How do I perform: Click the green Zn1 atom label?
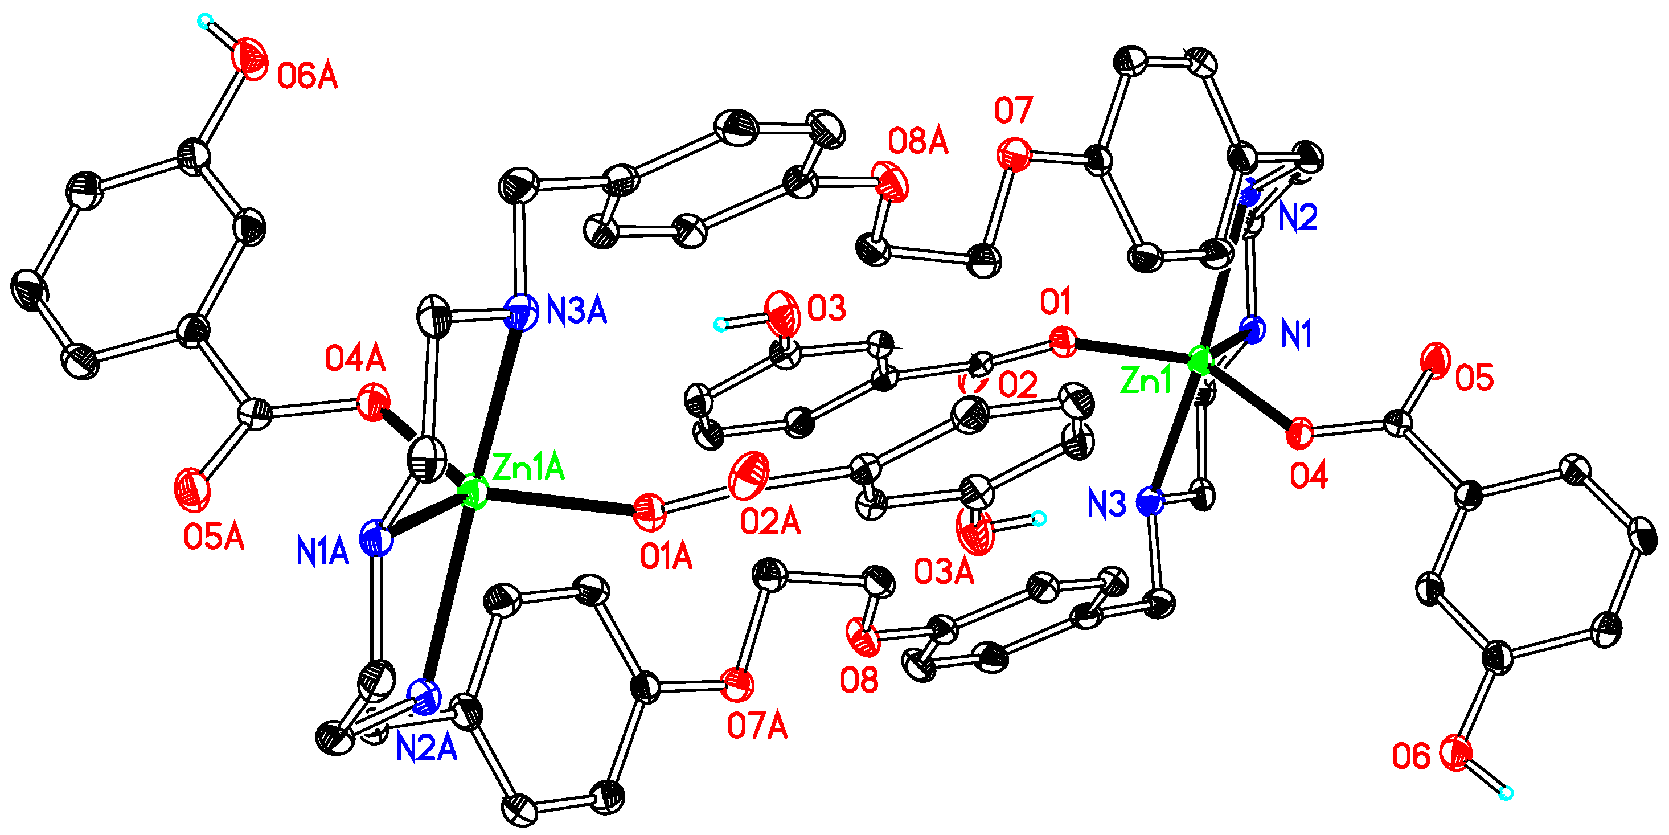coord(1146,380)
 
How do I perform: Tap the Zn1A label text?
coord(528,467)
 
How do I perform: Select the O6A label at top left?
coord(307,76)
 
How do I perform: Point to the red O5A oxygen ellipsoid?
coord(192,489)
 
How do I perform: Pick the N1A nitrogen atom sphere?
coord(376,539)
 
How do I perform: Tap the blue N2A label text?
coord(427,749)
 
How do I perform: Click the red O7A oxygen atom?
coord(738,685)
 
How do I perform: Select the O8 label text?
coord(859,680)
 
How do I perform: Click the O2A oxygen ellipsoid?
coord(749,475)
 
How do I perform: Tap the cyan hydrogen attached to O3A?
coord(1038,518)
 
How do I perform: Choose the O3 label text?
coord(826,309)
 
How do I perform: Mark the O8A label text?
coord(917,141)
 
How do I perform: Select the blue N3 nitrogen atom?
coord(1150,502)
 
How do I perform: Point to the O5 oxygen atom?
coord(1436,359)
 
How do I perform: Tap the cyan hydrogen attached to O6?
coord(1506,792)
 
